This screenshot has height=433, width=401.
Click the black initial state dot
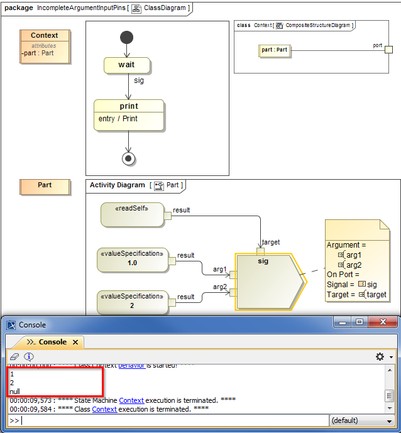(x=126, y=36)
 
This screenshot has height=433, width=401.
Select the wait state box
(x=127, y=65)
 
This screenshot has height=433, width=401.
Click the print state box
(x=129, y=114)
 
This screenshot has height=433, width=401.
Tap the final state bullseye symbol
(x=129, y=158)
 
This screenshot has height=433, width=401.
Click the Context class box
(x=45, y=44)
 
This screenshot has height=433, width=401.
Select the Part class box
(x=45, y=186)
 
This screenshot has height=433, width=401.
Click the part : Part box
(x=275, y=51)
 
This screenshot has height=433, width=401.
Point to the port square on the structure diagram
(x=388, y=50)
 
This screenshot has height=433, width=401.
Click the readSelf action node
(x=132, y=214)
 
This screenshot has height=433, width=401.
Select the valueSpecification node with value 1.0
(x=133, y=259)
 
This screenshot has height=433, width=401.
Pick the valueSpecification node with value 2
(x=133, y=302)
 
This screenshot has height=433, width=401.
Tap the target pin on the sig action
(x=260, y=250)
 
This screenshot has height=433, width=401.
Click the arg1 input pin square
(x=233, y=275)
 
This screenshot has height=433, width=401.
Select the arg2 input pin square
(x=233, y=292)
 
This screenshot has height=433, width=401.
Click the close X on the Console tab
(x=75, y=343)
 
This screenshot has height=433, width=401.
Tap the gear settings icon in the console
(x=379, y=356)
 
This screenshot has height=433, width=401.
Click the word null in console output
(x=15, y=392)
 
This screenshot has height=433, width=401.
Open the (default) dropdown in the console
(x=363, y=420)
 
